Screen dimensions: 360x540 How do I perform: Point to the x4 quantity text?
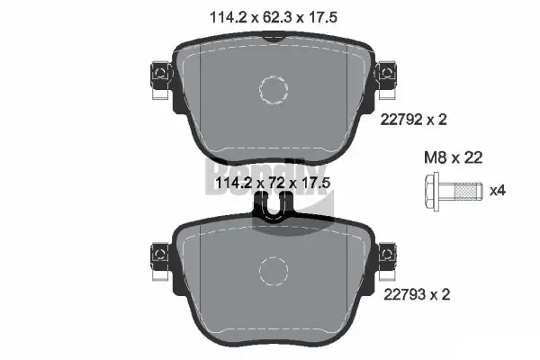point(496,191)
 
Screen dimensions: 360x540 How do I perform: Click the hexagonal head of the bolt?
point(430,191)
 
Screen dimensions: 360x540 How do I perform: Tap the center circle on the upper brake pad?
point(273,88)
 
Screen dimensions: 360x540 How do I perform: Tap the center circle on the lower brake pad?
point(273,269)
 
